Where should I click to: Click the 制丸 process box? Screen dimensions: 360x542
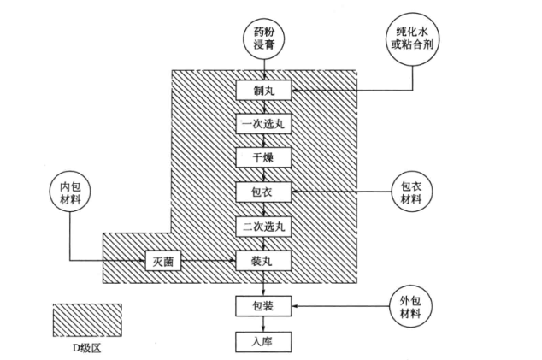264,89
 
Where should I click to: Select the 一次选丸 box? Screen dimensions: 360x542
264,123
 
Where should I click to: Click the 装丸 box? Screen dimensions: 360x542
264,258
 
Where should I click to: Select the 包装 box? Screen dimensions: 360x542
264,304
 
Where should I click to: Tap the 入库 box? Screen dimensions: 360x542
264,340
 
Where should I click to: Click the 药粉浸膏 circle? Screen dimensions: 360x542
264,38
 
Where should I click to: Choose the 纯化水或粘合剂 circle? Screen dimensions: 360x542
411,38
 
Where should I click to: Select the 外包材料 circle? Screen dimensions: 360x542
411,305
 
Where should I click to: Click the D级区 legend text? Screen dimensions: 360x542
87,349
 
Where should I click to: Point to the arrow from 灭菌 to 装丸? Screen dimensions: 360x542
209,258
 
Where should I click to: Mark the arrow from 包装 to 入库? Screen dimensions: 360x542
264,322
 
